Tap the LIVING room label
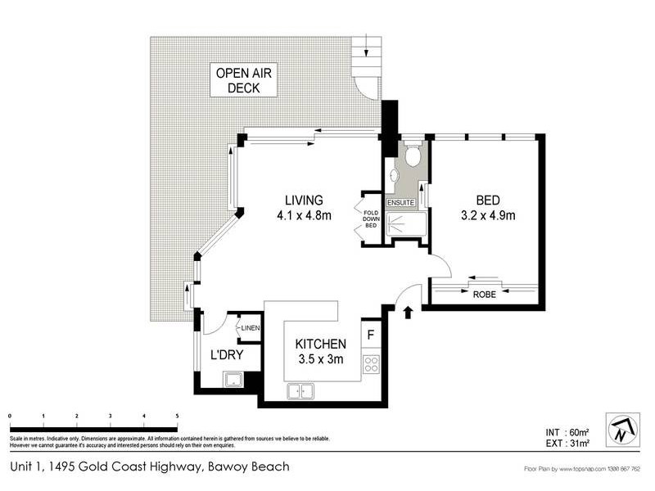(x=304, y=200)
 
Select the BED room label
(x=488, y=200)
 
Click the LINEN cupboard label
(x=250, y=328)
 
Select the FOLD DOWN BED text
(x=370, y=219)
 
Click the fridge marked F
(x=371, y=334)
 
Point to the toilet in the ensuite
(x=413, y=155)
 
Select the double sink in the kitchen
(x=301, y=392)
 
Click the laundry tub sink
(x=234, y=379)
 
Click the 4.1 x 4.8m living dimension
(x=303, y=216)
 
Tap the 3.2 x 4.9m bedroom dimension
(x=488, y=216)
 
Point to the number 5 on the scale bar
(x=177, y=417)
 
